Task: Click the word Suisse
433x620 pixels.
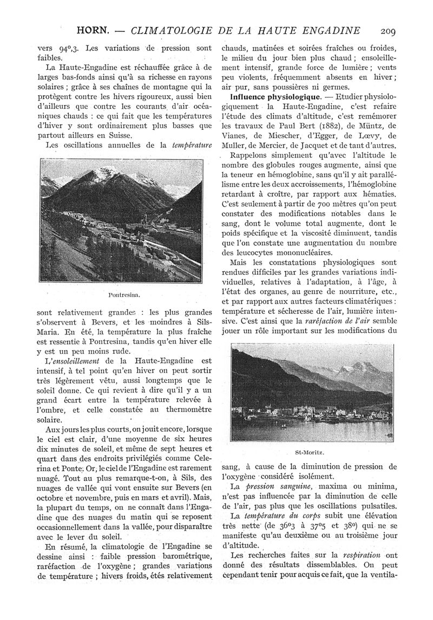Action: click(x=119, y=136)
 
